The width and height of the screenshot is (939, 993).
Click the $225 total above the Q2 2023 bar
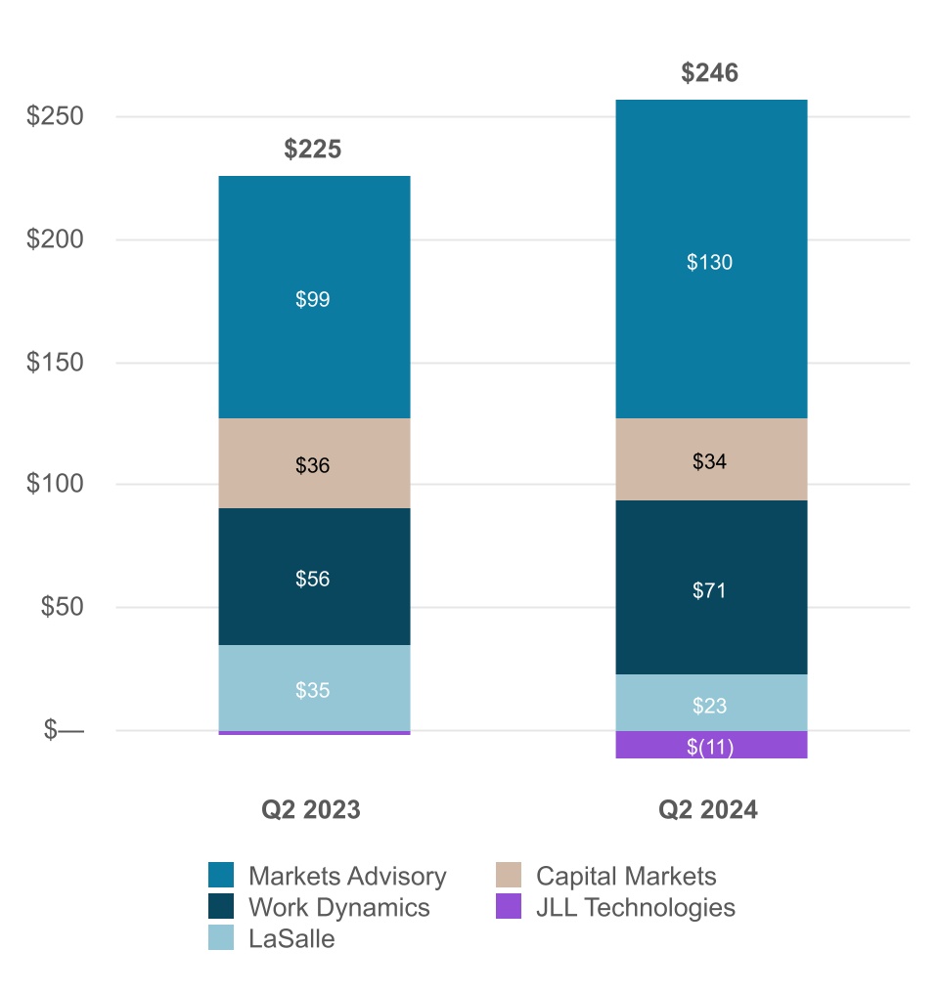pyautogui.click(x=313, y=150)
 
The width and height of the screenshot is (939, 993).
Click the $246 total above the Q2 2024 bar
pyautogui.click(x=709, y=73)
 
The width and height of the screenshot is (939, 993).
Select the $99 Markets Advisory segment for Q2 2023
pyautogui.click(x=313, y=298)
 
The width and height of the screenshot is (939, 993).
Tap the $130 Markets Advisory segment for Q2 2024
pyautogui.click(x=709, y=261)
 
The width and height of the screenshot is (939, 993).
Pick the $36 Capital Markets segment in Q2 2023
pyautogui.click(x=313, y=464)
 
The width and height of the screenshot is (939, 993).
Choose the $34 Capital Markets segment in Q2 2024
pyautogui.click(x=709, y=460)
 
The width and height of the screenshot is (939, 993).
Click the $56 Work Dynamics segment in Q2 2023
pyautogui.click(x=313, y=578)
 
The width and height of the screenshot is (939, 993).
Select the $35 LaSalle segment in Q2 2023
pyautogui.click(x=313, y=689)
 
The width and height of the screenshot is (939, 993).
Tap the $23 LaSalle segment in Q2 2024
pyautogui.click(x=709, y=704)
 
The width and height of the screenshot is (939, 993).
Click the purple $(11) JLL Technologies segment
pyautogui.click(x=709, y=746)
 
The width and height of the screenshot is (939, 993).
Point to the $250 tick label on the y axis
pyautogui.click(x=55, y=116)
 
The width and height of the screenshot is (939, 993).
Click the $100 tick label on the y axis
pyautogui.click(x=55, y=485)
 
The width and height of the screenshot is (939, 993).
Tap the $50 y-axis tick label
pyautogui.click(x=61, y=607)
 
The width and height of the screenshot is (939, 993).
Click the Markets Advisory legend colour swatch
pyautogui.click(x=222, y=876)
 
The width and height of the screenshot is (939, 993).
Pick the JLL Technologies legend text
pyautogui.click(x=635, y=907)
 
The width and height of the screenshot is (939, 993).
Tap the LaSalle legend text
pyautogui.click(x=291, y=939)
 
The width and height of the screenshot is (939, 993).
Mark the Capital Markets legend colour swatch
pyautogui.click(x=510, y=876)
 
